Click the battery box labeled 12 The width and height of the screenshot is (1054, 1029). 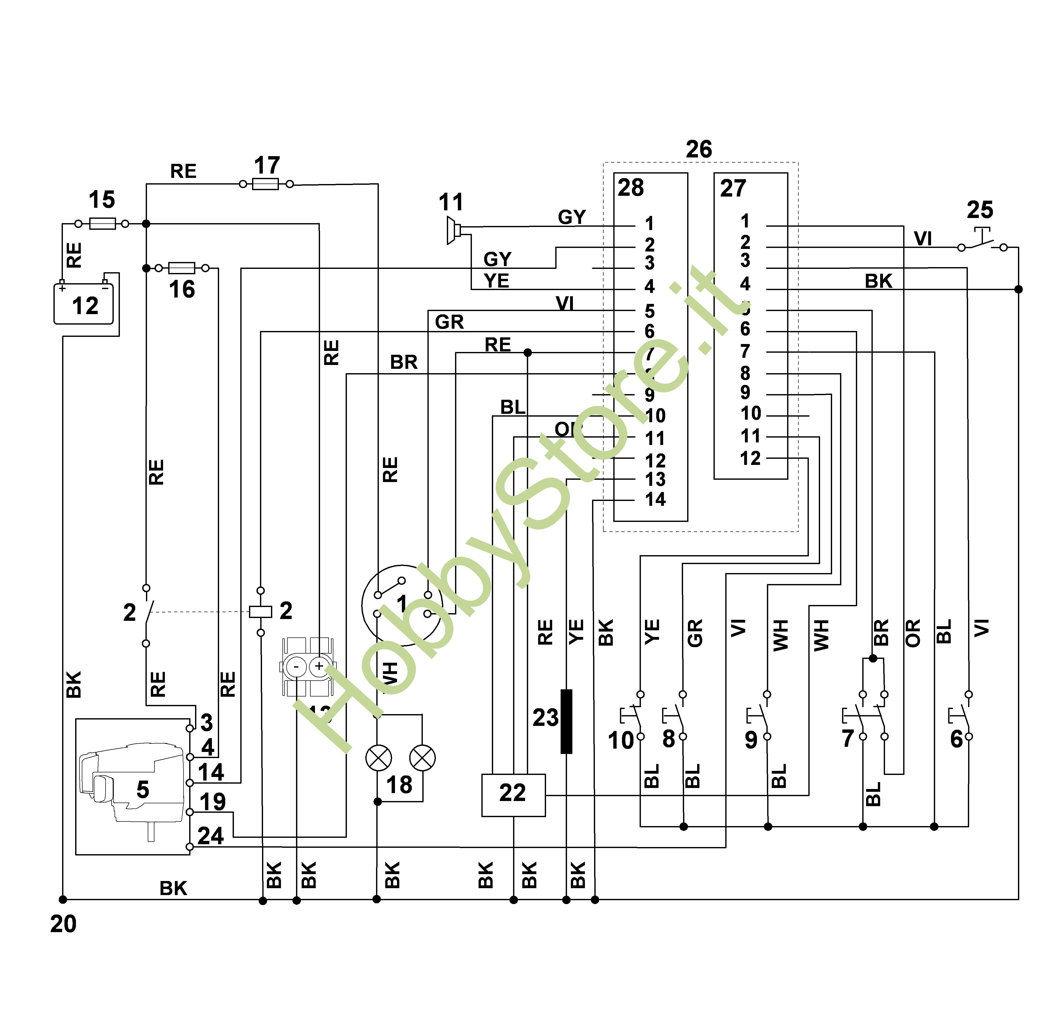point(84,304)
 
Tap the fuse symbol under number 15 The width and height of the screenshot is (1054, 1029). point(102,223)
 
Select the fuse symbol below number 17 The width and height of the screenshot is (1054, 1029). point(266,184)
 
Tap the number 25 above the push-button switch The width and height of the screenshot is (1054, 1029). point(979,210)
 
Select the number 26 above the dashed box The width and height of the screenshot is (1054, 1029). point(698,149)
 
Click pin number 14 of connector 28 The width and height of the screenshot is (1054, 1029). point(655,499)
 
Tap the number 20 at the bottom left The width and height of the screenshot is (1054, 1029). point(63,924)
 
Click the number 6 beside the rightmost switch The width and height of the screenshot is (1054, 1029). point(956,739)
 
